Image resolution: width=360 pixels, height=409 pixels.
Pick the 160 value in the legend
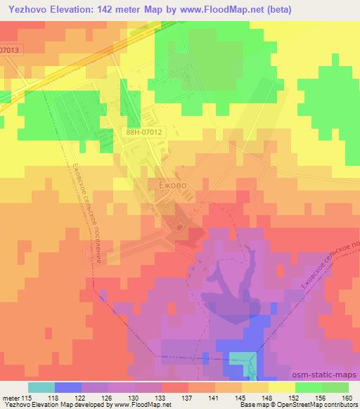pyautogui.click(x=347, y=397)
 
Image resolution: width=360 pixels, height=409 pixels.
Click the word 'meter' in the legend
pyautogui.click(x=10, y=397)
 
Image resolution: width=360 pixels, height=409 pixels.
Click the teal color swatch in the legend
pyautogui.click(x=41, y=387)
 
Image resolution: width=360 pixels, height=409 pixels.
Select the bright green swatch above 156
pyautogui.click(x=308, y=387)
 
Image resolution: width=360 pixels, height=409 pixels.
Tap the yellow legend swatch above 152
pyautogui.click(x=281, y=387)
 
